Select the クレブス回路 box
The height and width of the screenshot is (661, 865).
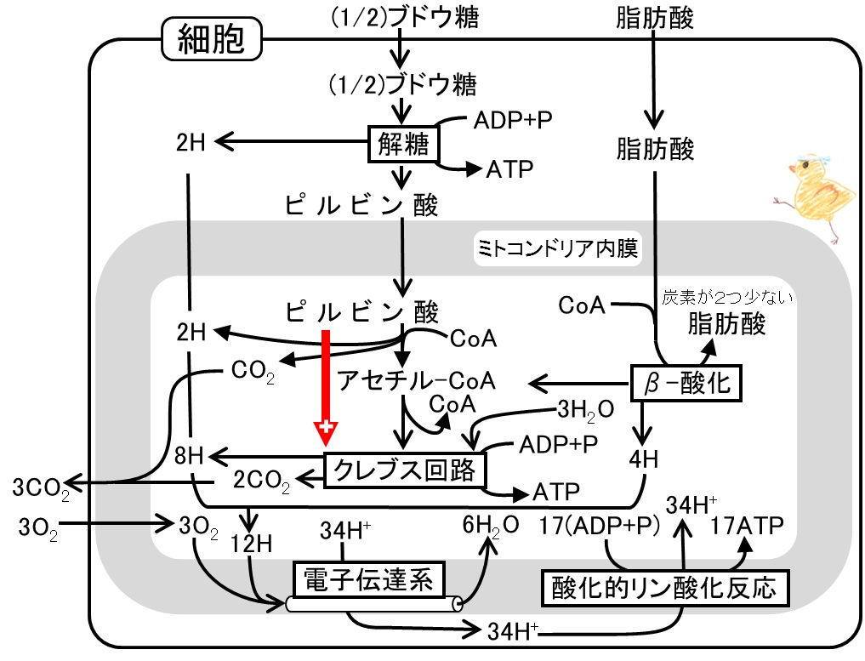[x=405, y=469]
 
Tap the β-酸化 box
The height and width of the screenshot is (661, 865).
[x=686, y=384]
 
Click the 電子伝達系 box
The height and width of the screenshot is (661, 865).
[x=368, y=581]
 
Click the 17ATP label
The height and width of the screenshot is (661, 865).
[x=748, y=523]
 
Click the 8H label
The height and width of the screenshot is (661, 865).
[x=188, y=456]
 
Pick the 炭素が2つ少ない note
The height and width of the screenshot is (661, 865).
[x=727, y=298]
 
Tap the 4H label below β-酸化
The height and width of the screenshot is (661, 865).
[x=644, y=460]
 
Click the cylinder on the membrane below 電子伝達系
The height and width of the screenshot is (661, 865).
[x=374, y=604]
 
